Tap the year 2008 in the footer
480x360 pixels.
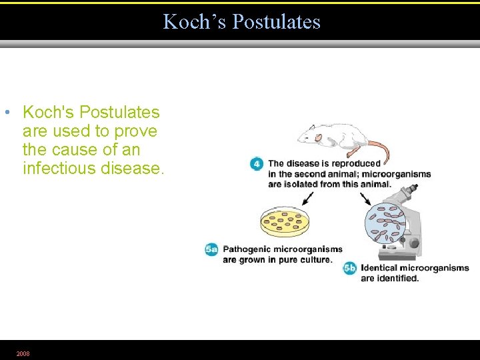point(23,353)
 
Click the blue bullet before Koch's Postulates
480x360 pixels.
point(6,112)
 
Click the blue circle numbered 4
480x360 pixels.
point(257,164)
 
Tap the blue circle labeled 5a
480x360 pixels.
point(212,249)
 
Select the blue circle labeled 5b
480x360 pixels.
point(349,268)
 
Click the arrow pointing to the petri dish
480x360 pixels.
point(307,198)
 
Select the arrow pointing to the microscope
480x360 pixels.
point(366,198)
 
